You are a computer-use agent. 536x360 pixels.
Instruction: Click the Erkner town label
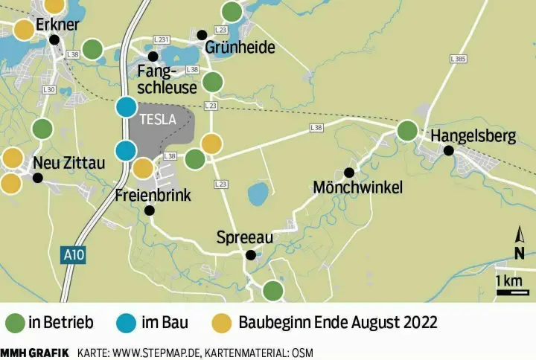(x=57, y=25)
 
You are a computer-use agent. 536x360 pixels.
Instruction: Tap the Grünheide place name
(x=240, y=48)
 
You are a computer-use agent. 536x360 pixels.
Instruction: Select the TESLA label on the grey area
(x=158, y=118)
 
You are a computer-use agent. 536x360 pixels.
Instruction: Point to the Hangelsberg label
(x=473, y=136)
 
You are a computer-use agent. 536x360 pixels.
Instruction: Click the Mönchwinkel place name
(x=358, y=187)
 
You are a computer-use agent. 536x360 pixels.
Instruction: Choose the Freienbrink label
(x=154, y=196)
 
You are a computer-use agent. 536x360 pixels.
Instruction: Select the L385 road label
(x=459, y=58)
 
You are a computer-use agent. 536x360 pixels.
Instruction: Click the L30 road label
(x=49, y=90)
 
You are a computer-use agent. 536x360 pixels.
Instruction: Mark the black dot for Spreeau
(x=251, y=255)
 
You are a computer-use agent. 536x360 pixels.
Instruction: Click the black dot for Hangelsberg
(x=449, y=151)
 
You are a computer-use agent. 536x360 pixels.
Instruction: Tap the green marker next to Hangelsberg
(x=407, y=131)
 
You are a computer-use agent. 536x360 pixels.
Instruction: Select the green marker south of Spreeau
(x=273, y=290)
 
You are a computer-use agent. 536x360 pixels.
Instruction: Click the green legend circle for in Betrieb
(x=16, y=323)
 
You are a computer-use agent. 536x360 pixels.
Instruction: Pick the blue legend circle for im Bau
(x=127, y=323)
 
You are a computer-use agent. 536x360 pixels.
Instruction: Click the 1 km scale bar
(x=512, y=292)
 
